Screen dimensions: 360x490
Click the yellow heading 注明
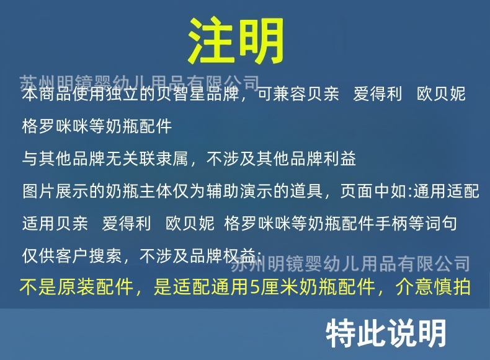pyautogui.click(x=236, y=41)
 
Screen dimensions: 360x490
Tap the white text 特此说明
pyautogui.click(x=386, y=333)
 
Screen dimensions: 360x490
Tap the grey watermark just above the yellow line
pyautogui.click(x=350, y=265)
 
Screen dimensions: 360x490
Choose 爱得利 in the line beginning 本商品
pyautogui.click(x=378, y=95)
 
